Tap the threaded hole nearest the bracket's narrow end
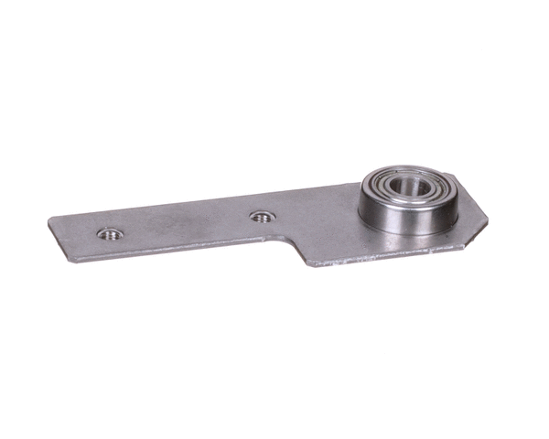click(110, 233)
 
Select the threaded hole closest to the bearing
click(263, 217)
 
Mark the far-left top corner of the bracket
click(51, 219)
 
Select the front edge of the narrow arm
click(174, 251)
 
